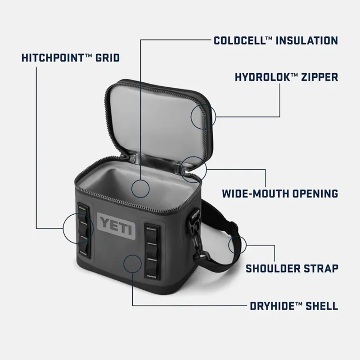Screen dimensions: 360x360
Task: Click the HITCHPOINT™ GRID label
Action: tap(71, 58)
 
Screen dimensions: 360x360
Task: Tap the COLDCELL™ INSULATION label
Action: tap(275, 40)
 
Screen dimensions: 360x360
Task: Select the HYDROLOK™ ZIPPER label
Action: tap(286, 77)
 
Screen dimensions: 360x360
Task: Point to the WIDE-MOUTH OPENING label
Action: tap(280, 194)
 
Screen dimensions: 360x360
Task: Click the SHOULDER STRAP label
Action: tap(292, 269)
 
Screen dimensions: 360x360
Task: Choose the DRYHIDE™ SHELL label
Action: tap(294, 306)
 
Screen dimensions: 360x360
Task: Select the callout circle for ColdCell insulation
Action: tap(141, 188)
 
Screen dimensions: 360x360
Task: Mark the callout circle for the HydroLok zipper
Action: tap(203, 116)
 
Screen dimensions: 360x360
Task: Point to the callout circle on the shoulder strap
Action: tap(237, 245)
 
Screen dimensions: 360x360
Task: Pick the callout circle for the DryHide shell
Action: tap(134, 264)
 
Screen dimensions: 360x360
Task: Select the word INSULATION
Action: tap(306, 40)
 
